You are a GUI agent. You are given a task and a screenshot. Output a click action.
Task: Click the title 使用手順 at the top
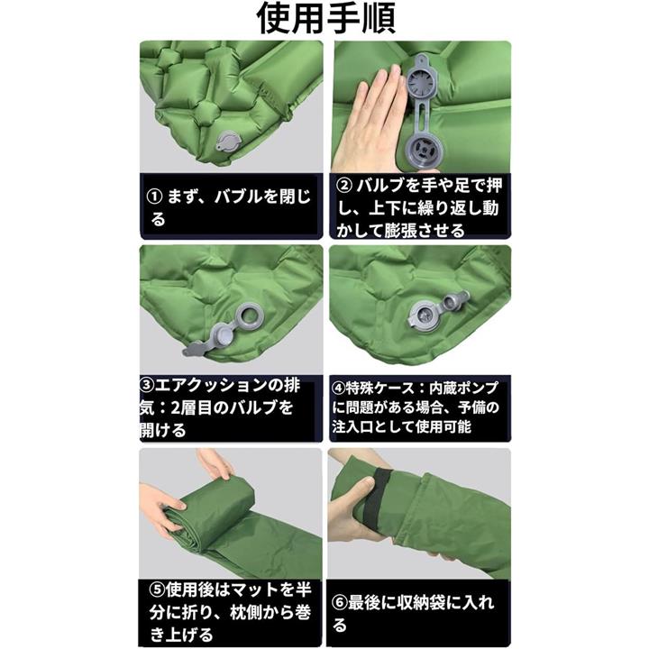[326, 19]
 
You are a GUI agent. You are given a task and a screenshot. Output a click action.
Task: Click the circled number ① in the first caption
[154, 197]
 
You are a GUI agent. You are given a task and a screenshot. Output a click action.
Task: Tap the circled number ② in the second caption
[344, 186]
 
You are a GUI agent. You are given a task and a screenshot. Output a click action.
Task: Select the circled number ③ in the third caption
[147, 386]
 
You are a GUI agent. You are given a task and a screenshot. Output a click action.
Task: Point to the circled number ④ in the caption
[338, 388]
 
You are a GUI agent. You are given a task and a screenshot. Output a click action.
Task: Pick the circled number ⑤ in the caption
[157, 590]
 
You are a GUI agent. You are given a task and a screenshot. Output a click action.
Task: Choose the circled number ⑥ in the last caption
[340, 603]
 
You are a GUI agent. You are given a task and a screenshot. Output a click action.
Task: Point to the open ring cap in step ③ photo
[251, 318]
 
